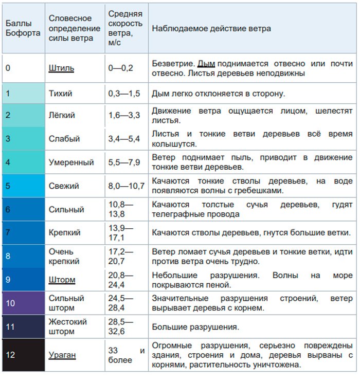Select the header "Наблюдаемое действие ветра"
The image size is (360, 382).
pyautogui.click(x=211, y=28)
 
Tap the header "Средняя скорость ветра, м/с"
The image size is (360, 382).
pyautogui.click(x=125, y=28)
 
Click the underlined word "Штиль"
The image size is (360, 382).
pyautogui.click(x=61, y=68)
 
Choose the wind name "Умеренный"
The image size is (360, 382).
pyautogui.click(x=71, y=162)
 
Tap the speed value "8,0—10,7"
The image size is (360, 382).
pyautogui.click(x=127, y=186)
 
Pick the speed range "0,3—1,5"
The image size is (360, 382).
pyautogui.click(x=124, y=94)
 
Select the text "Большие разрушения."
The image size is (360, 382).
pyautogui.click(x=195, y=327)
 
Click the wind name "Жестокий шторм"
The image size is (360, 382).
pyautogui.click(x=68, y=327)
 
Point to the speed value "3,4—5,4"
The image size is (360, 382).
pyautogui.click(x=124, y=139)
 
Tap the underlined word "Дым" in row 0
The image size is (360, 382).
pyautogui.click(x=206, y=63)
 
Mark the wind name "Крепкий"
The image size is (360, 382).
pyautogui.click(x=64, y=233)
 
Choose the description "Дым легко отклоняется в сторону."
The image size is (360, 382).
pyautogui.click(x=218, y=94)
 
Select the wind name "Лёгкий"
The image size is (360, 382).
pyautogui.click(x=62, y=115)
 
